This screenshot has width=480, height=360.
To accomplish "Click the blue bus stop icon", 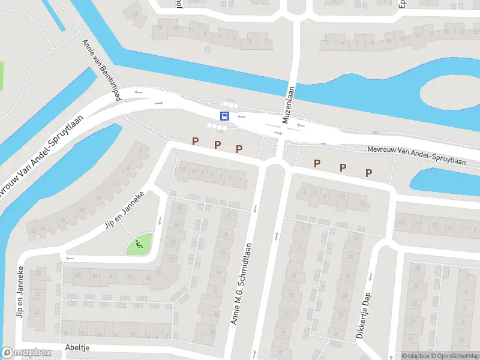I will tap(225, 116).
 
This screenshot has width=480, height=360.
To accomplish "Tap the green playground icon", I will tap(139, 244).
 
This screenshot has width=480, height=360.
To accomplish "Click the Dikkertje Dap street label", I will tap(365, 315).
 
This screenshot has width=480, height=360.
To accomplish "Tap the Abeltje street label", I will tap(78, 347).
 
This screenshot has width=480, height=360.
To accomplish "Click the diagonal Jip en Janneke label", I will tap(125, 209).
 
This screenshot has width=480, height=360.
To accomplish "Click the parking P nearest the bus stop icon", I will tap(217, 145).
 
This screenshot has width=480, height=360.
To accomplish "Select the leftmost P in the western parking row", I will tap(195, 141).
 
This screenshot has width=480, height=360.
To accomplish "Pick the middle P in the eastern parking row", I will tap(343, 168).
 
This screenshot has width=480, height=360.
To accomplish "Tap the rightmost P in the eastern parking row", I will tap(369, 173).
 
